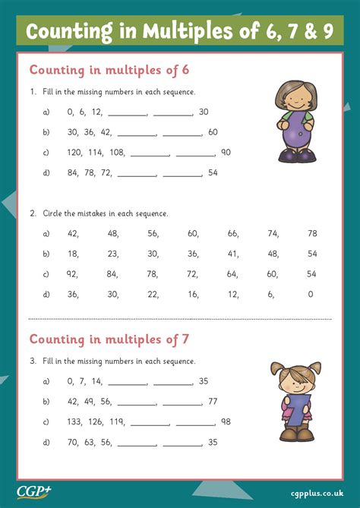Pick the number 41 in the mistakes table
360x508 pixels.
click(232, 253)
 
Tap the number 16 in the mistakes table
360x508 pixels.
click(193, 294)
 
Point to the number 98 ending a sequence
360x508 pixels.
click(226, 421)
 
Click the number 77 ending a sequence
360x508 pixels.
click(213, 401)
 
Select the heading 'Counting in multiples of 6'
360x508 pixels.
click(109, 70)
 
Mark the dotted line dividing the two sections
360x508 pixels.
click(179, 317)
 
